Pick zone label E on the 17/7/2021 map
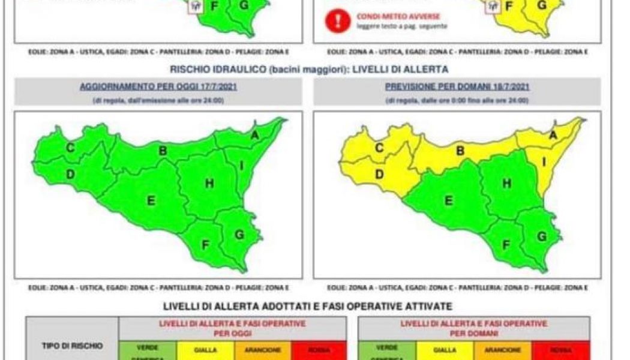pos(151,201)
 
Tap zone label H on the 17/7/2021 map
pos(209,184)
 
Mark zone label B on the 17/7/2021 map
pos(163,151)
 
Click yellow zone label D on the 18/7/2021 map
pos(379,175)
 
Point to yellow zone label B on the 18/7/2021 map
pos(460,151)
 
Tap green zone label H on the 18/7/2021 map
pos(507,184)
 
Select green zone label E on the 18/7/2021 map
pos(448,201)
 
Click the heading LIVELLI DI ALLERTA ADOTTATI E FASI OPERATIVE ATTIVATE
pos(308,307)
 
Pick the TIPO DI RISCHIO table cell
pos(73,346)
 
